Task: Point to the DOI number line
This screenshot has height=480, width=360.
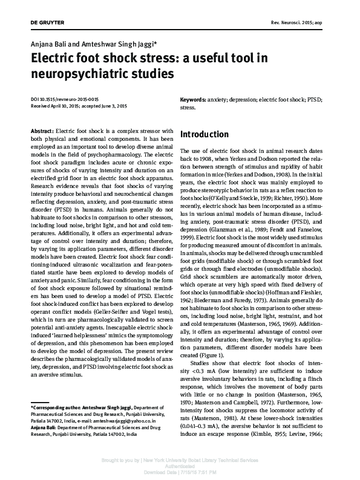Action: [65, 99]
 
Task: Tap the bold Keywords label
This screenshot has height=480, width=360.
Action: [193, 99]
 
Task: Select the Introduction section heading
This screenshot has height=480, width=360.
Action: [205, 134]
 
